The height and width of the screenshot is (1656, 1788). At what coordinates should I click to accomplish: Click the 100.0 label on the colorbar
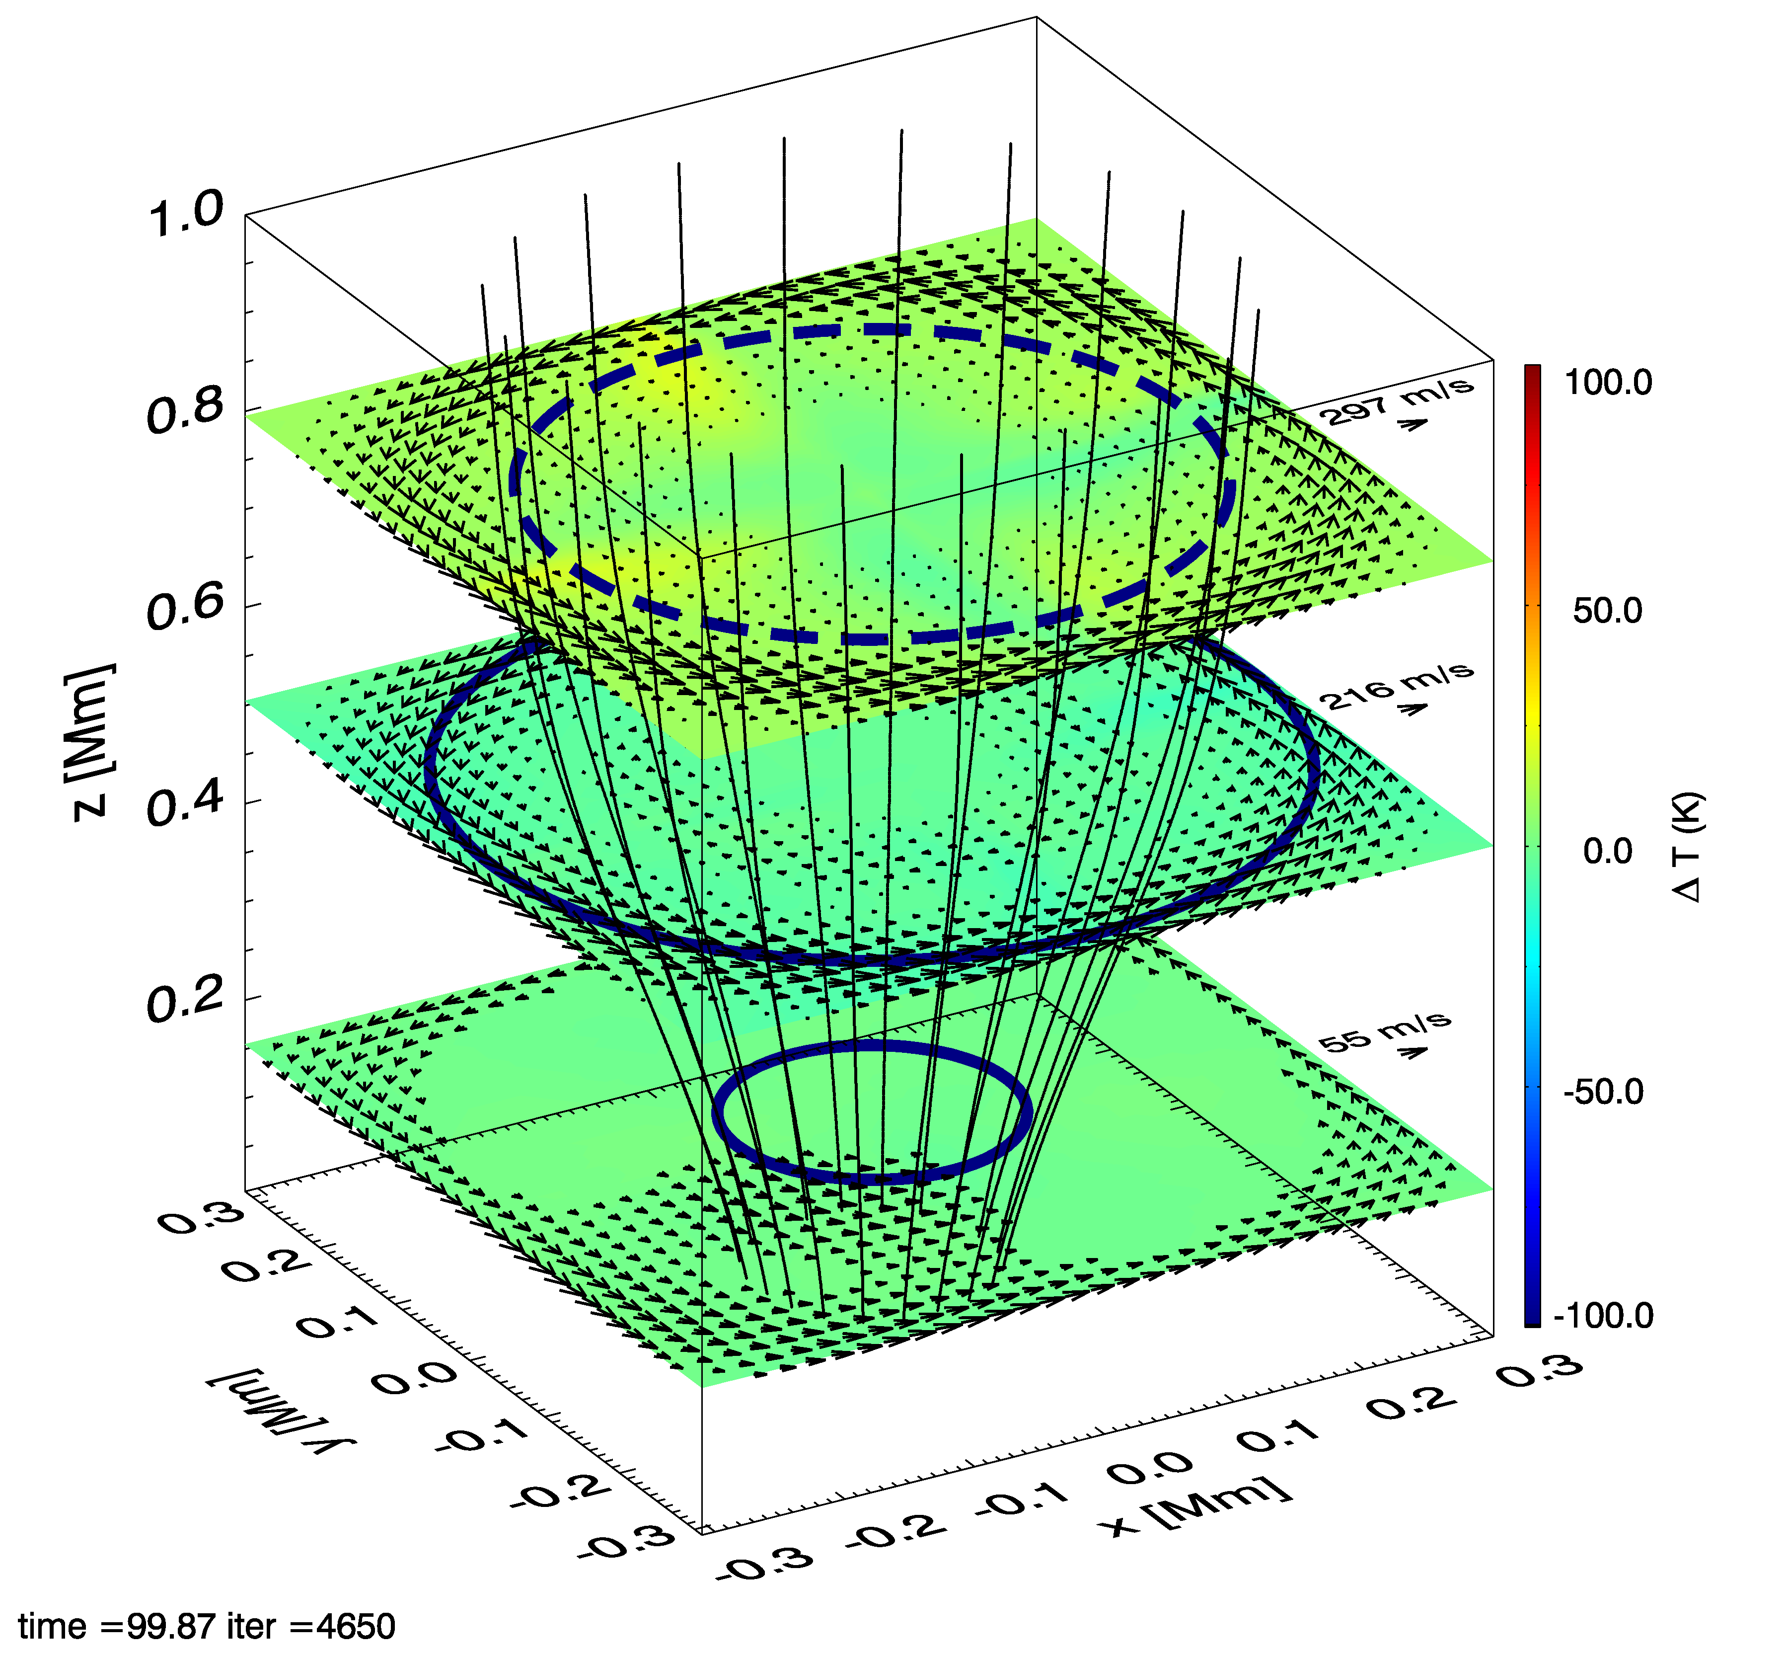pyautogui.click(x=1608, y=383)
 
